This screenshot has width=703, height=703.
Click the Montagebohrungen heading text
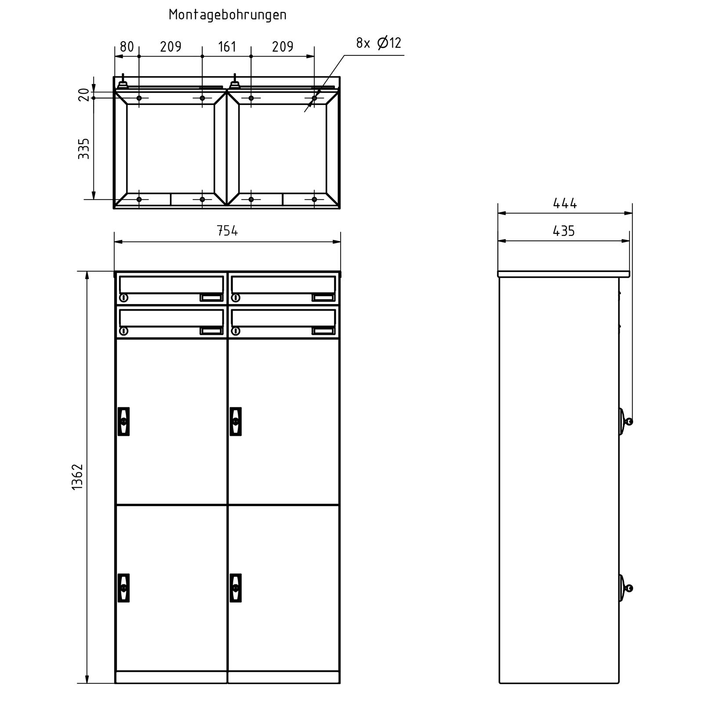(x=228, y=15)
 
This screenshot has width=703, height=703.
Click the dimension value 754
(x=227, y=231)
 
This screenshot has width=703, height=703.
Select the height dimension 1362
(x=77, y=476)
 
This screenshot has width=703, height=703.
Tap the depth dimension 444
(x=565, y=203)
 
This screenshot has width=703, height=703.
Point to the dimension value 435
(x=564, y=231)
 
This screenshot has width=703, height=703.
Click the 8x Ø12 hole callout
(x=378, y=43)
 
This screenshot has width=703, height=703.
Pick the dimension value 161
(x=227, y=47)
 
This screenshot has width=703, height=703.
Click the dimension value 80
(x=127, y=47)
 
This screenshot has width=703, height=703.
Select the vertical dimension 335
(x=83, y=149)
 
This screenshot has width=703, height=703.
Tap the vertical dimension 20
(x=83, y=94)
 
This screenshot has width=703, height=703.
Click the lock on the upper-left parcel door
(x=124, y=421)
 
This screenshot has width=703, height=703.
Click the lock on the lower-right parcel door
(x=236, y=587)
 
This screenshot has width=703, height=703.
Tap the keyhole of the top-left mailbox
(x=124, y=298)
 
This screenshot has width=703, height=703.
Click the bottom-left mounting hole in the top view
(x=139, y=199)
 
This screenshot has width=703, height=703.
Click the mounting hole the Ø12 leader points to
(x=314, y=98)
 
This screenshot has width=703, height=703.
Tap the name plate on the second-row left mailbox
(x=211, y=331)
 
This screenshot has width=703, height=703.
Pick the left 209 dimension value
(x=170, y=47)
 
